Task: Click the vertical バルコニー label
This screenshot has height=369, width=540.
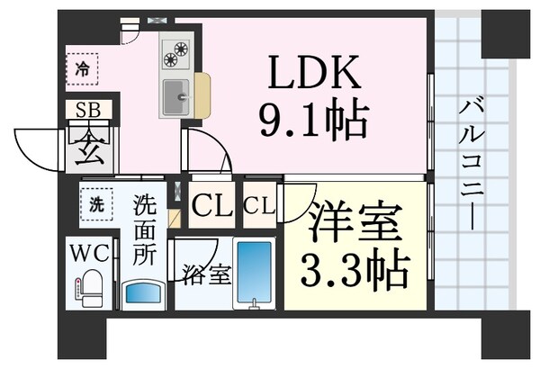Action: (469, 166)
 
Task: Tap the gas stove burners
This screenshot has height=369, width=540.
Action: (175, 54)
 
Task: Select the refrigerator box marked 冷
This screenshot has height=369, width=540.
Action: (83, 67)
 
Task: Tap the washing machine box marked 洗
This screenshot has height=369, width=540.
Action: (95, 202)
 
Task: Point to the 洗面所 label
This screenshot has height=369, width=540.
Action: (144, 229)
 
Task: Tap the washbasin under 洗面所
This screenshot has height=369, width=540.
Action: (144, 292)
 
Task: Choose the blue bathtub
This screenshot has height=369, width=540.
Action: (254, 274)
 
